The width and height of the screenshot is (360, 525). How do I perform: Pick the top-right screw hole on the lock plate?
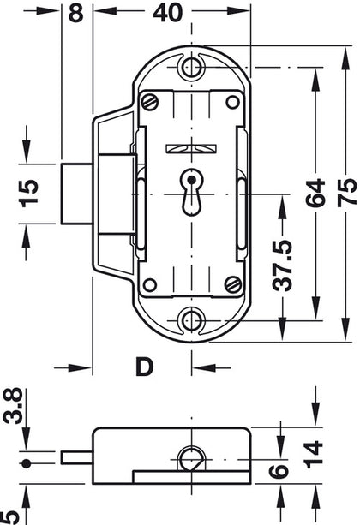coord(231,102)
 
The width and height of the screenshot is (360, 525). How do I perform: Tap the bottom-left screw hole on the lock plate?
coord(151,285)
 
